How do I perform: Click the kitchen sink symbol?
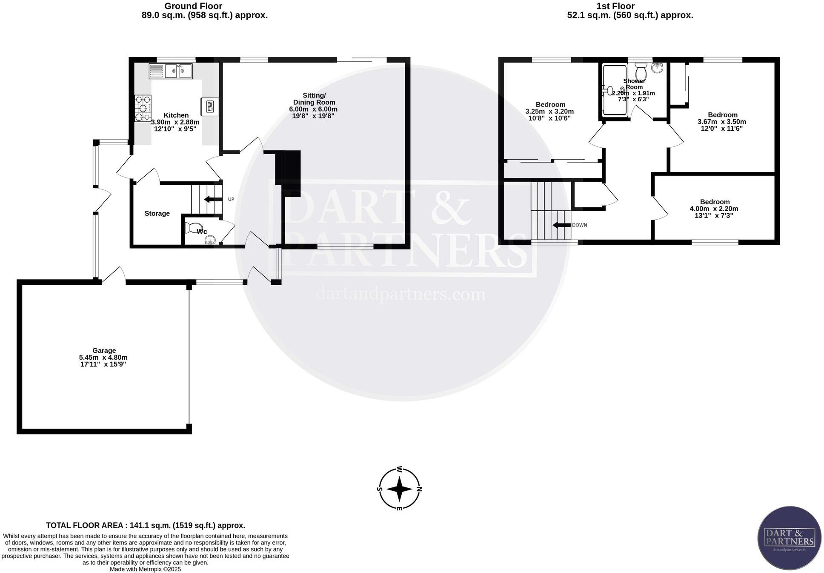point(171,71)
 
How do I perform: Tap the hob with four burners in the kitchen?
point(143,108)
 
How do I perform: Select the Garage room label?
point(104,351)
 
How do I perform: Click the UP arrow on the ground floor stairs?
point(213,199)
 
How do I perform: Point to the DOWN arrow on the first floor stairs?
point(561,225)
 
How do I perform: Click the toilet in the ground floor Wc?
point(191,228)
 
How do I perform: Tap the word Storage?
point(157,213)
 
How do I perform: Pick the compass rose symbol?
point(399,489)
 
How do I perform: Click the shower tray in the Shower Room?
point(615,90)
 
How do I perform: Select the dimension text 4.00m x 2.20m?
point(714,209)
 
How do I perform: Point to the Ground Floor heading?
point(193,6)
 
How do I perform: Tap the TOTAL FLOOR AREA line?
point(145,525)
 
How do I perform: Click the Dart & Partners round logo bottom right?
point(790,538)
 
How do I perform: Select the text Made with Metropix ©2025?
point(145,569)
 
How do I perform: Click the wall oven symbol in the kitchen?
point(210,106)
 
